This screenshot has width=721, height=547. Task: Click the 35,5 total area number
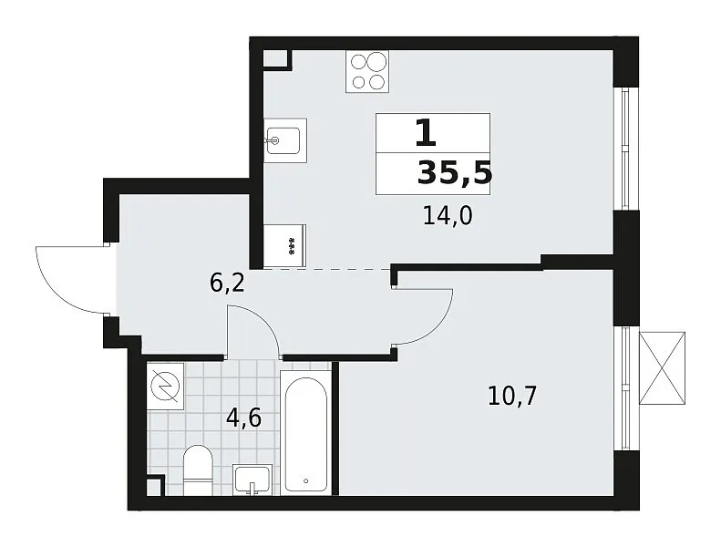click(x=454, y=174)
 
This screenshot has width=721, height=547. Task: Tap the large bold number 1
click(x=426, y=132)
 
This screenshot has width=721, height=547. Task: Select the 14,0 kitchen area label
click(x=448, y=216)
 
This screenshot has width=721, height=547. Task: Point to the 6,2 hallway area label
click(x=227, y=283)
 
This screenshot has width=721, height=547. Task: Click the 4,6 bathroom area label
click(x=243, y=418)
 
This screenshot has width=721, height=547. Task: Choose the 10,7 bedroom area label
click(x=512, y=396)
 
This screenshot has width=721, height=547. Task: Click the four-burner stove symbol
click(x=367, y=71)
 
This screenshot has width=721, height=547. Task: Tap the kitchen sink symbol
click(x=285, y=140)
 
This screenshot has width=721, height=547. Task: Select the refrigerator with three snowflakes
click(x=285, y=245)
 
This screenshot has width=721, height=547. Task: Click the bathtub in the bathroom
click(x=305, y=433)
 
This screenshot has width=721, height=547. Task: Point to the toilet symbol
click(x=198, y=470)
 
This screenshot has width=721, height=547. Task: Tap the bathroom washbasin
click(x=252, y=480)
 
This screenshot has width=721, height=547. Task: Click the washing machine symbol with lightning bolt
click(x=165, y=387)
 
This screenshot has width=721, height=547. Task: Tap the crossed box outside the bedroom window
click(x=662, y=368)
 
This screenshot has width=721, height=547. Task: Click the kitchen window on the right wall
click(x=624, y=149)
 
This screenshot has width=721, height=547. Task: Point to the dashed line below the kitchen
click(x=327, y=269)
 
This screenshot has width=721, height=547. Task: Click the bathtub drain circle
click(x=306, y=481)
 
